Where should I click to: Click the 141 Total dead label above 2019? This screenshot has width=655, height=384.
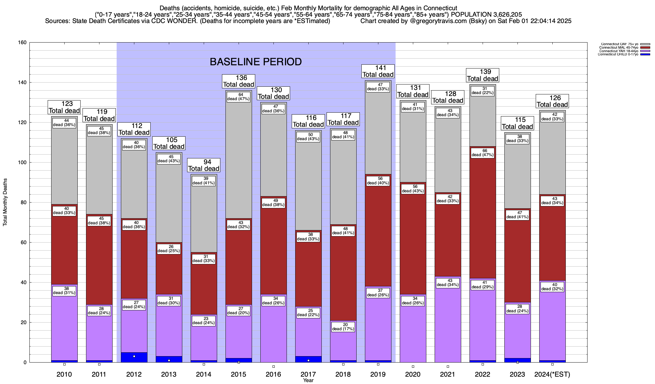pyautogui.click(x=378, y=71)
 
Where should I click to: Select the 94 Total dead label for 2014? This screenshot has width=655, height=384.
pyautogui.click(x=204, y=165)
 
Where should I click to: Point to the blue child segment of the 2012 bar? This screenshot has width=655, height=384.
pyautogui.click(x=134, y=357)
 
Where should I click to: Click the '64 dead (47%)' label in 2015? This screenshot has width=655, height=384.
pyautogui.click(x=239, y=97)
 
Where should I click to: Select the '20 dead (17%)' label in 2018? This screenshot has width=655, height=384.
pyautogui.click(x=343, y=327)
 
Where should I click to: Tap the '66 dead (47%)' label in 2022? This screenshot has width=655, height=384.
pyautogui.click(x=483, y=153)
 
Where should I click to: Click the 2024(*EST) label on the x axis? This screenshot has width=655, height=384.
pyautogui.click(x=552, y=374)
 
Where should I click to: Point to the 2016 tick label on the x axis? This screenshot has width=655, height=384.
pyautogui.click(x=273, y=374)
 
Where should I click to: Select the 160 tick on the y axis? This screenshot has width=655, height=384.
pyautogui.click(x=23, y=43)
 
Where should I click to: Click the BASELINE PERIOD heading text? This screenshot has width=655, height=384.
pyautogui.click(x=256, y=62)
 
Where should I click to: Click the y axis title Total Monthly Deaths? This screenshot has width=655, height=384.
pyautogui.click(x=5, y=202)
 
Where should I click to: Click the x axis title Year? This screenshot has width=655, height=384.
pyautogui.click(x=308, y=380)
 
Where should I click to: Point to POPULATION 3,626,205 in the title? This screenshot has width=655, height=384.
pyautogui.click(x=486, y=14)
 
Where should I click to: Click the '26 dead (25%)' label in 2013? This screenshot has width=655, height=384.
pyautogui.click(x=169, y=249)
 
